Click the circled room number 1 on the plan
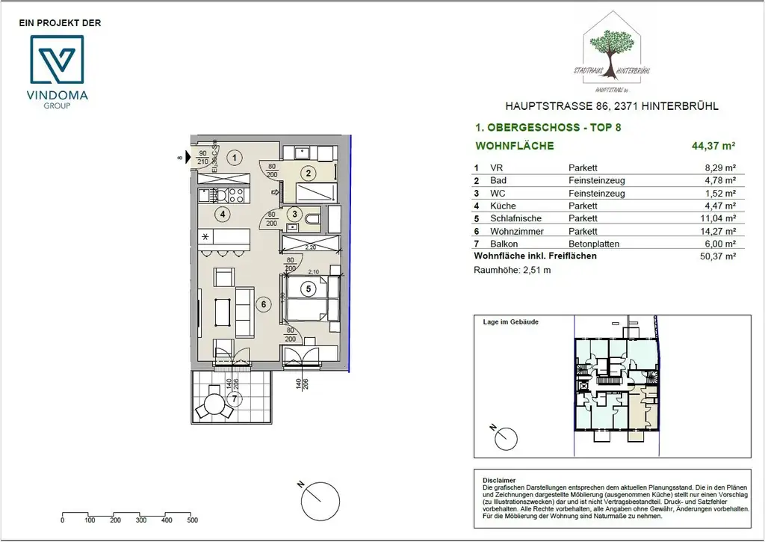(235, 158)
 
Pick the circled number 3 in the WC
(295, 214)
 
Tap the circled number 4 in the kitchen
(222, 214)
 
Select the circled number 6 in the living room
(262, 304)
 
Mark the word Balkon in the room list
(503, 244)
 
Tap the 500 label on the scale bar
(192, 520)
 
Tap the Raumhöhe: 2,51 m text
(512, 270)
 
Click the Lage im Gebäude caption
(511, 322)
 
